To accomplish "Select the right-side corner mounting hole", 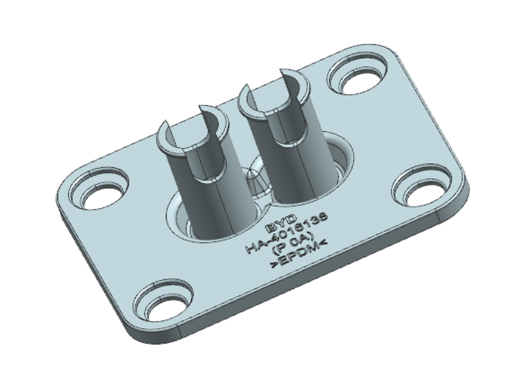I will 422,190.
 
